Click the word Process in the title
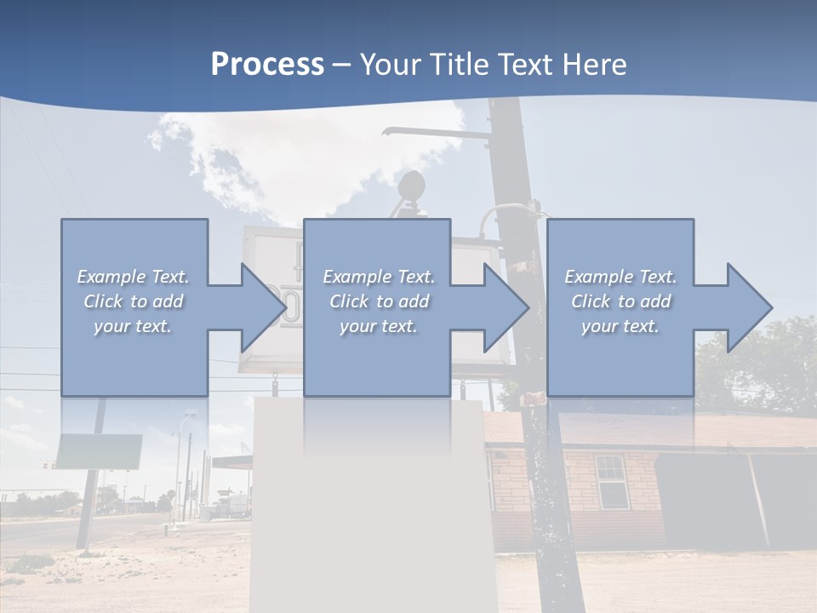coord(267,65)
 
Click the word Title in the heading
coord(454,65)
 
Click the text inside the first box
coord(133,301)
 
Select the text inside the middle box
coord(378,301)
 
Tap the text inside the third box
coord(620,301)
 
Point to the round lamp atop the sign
coord(412,185)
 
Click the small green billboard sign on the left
coord(99,451)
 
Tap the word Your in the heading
coord(388,65)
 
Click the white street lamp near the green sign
coord(188,416)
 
